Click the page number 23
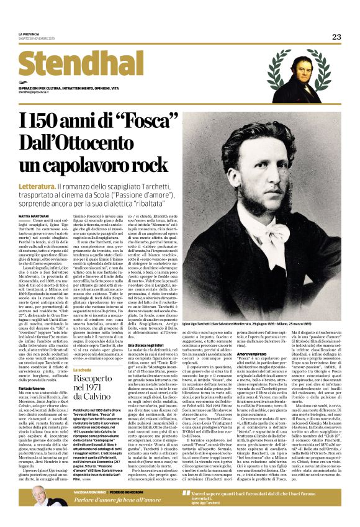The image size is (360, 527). tap(336, 37)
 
